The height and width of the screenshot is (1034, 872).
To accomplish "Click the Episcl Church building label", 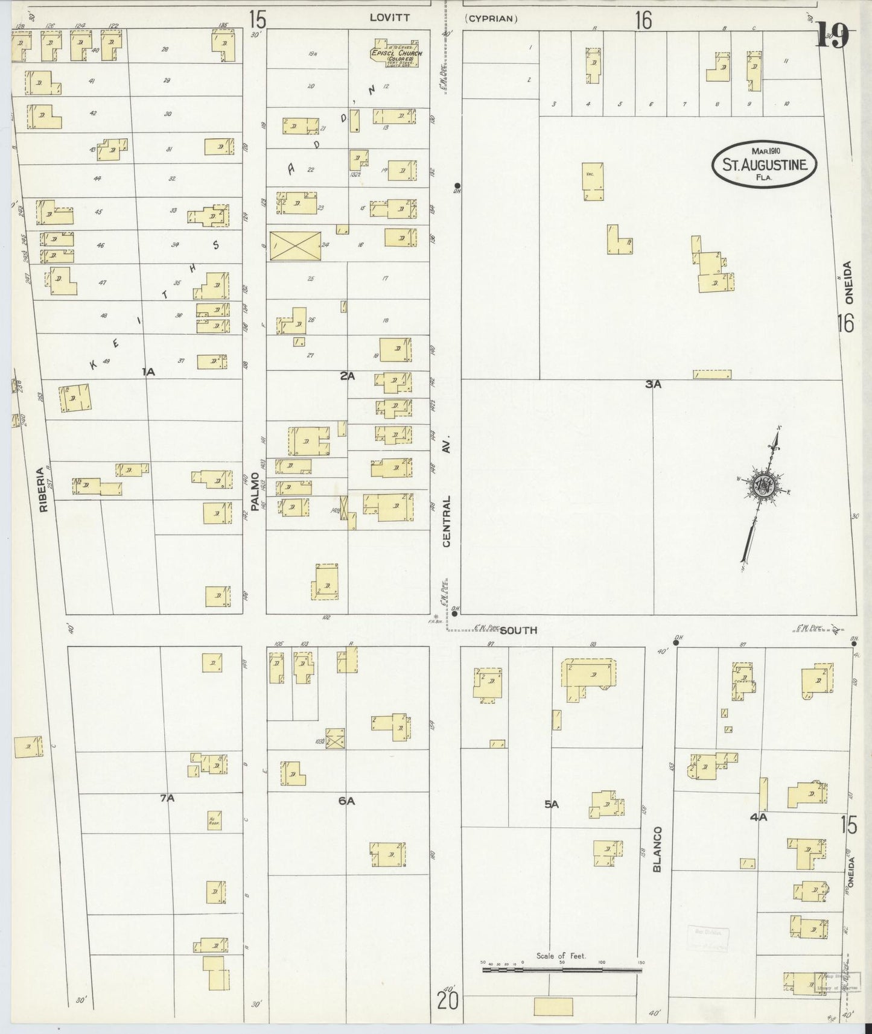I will pos(396,54).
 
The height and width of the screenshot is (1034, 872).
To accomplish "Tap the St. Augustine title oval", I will pos(764,163).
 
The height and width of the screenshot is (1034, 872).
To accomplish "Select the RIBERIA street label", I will pos(43,490).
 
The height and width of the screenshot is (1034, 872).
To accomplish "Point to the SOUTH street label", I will pos(518,630).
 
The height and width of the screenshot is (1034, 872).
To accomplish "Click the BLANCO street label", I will pos(658,849).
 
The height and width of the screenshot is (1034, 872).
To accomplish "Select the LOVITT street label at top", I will pos(389,18).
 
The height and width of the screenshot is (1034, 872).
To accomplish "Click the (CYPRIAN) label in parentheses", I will pos(491,19).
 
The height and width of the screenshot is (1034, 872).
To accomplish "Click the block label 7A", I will pos(167,798).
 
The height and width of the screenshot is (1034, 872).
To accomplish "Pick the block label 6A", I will pos(346,801).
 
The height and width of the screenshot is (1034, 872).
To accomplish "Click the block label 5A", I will pos(552,804).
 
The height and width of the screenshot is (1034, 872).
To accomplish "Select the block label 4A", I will pos(758,817).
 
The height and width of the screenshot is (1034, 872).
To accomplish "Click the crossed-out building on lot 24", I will pos(295,246).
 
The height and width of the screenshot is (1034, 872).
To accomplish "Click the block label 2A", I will pos(347,376).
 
